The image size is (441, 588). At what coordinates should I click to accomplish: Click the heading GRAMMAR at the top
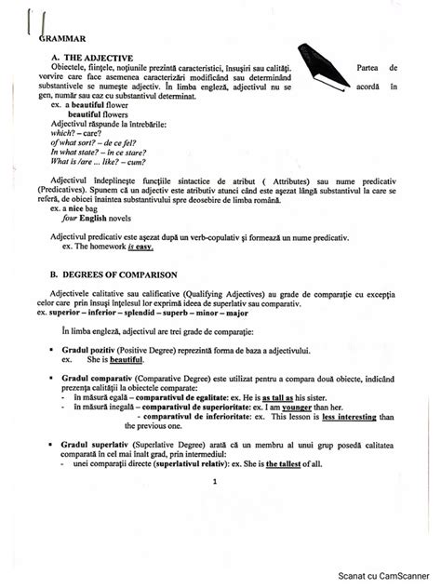(62, 38)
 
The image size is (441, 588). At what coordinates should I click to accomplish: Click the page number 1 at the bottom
(214, 481)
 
